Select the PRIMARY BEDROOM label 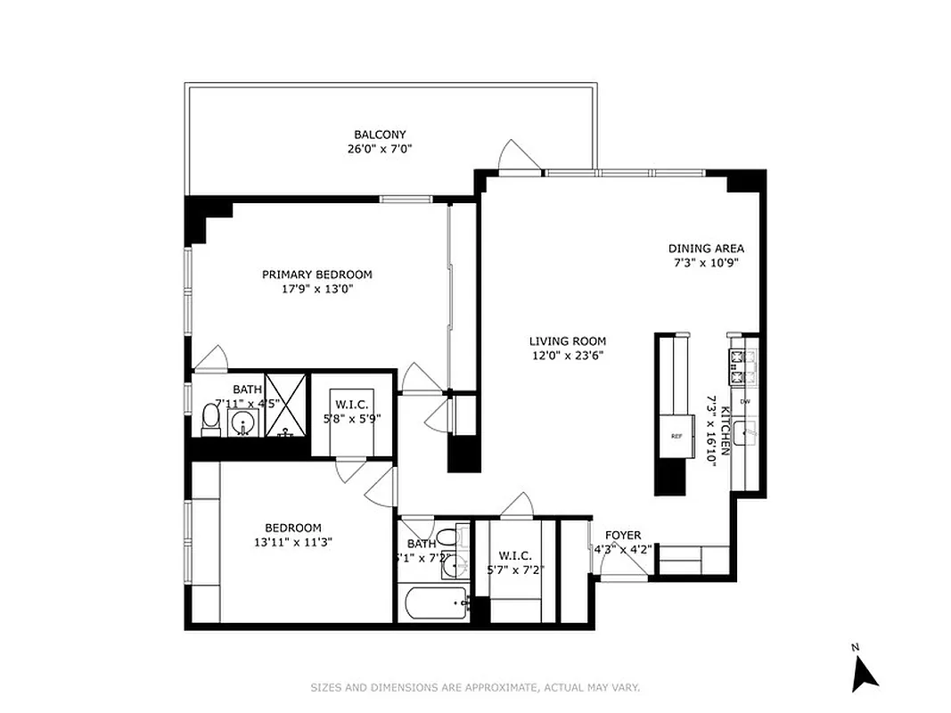coord(316,275)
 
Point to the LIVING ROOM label coord(567,340)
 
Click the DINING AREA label coord(706,249)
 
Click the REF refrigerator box coord(676,436)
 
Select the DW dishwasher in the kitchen coord(745,402)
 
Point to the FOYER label coord(623,536)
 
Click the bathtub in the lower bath coord(434,605)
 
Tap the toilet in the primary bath coord(210,419)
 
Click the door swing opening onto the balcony coord(519,157)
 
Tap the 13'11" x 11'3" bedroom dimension coord(293,541)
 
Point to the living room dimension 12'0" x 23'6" coord(567,356)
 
